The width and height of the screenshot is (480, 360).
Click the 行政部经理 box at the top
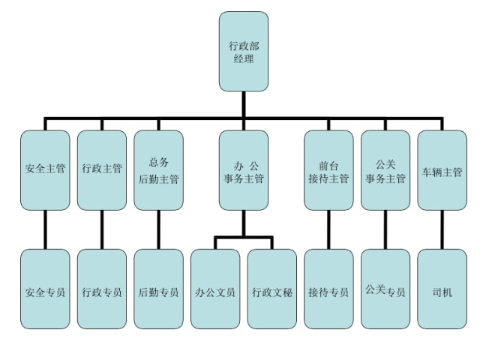pyautogui.click(x=243, y=51)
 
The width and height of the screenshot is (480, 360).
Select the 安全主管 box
pyautogui.click(x=45, y=170)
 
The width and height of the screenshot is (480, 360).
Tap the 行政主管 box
pyautogui.click(x=101, y=170)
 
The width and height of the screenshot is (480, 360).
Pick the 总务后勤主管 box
pyautogui.click(x=158, y=170)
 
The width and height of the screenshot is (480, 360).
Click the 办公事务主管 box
pyautogui.click(x=243, y=170)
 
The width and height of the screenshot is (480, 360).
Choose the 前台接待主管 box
pyautogui.click(x=328, y=170)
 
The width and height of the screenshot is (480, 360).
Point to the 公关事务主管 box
pyautogui.click(x=385, y=170)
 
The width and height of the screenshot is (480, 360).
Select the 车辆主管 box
pyautogui.click(x=442, y=170)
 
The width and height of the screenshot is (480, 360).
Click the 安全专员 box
pyautogui.click(x=45, y=289)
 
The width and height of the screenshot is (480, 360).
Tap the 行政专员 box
pyautogui.click(x=101, y=289)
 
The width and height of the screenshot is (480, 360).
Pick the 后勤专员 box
pyautogui.click(x=158, y=289)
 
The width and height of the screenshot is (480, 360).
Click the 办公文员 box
pyautogui.click(x=215, y=289)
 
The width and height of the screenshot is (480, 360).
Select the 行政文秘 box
pyautogui.click(x=271, y=289)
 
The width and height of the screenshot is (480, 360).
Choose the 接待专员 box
pyautogui.click(x=328, y=289)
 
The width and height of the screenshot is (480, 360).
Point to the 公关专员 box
pyautogui.click(x=385, y=289)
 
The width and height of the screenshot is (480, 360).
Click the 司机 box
pyautogui.click(x=442, y=289)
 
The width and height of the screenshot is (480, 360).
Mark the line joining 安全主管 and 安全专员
pyautogui.click(x=45, y=229)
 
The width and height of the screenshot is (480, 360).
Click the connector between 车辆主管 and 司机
pyautogui.click(x=442, y=229)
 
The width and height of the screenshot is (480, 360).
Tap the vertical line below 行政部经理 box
pyautogui.click(x=243, y=103)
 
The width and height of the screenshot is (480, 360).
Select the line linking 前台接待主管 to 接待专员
pyautogui.click(x=328, y=229)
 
